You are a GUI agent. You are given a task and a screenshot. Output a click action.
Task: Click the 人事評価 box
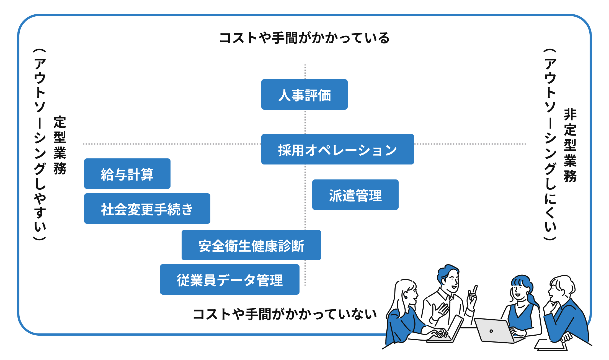tap(304, 95)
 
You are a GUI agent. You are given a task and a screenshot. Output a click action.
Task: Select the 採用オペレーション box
tap(337, 150)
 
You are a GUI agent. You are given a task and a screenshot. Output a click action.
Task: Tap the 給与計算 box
tap(127, 174)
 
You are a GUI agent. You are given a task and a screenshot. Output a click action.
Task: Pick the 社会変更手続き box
tap(147, 209)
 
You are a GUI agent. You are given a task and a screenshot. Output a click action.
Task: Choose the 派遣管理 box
tap(355, 195)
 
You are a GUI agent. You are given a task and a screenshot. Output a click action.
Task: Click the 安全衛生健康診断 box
tap(251, 245)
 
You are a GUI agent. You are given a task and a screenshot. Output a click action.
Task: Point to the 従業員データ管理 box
tap(229, 280)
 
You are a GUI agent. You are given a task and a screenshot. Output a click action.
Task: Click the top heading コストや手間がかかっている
tap(304, 38)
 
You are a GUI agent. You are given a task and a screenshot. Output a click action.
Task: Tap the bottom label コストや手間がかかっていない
tap(285, 314)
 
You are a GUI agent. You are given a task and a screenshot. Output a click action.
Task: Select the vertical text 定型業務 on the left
tap(60, 145)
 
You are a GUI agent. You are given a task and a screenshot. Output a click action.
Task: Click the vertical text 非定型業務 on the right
tap(570, 145)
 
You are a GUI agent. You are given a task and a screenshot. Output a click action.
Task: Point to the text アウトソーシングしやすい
tap(40, 144)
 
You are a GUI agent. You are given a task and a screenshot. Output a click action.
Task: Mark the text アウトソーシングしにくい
tap(550, 144)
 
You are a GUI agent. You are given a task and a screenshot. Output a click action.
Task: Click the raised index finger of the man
tap(475, 289)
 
